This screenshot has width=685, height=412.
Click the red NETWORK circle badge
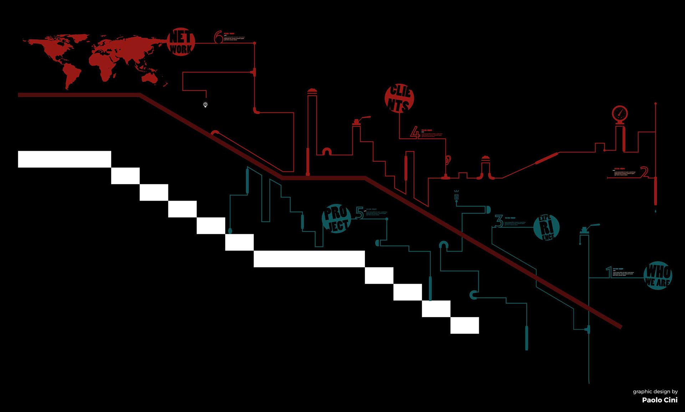(181, 42)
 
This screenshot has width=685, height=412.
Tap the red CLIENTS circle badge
(399, 98)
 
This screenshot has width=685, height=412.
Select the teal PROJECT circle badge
(336, 218)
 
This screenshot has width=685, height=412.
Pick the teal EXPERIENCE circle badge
(546, 227)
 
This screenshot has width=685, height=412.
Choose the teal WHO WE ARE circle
(658, 275)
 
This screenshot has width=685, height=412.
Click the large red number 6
(218, 37)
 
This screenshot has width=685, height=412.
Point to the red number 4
(415, 133)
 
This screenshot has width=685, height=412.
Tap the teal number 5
(359, 213)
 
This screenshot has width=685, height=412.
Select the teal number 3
(499, 221)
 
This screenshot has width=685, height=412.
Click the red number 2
(644, 172)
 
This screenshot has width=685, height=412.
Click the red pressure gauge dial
(620, 114)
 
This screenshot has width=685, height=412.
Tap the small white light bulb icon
(205, 104)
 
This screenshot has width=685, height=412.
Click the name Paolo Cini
(660, 400)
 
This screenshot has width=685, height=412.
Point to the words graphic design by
(655, 391)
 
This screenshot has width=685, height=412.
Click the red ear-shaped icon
(448, 160)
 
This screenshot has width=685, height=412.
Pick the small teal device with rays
(456, 196)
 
